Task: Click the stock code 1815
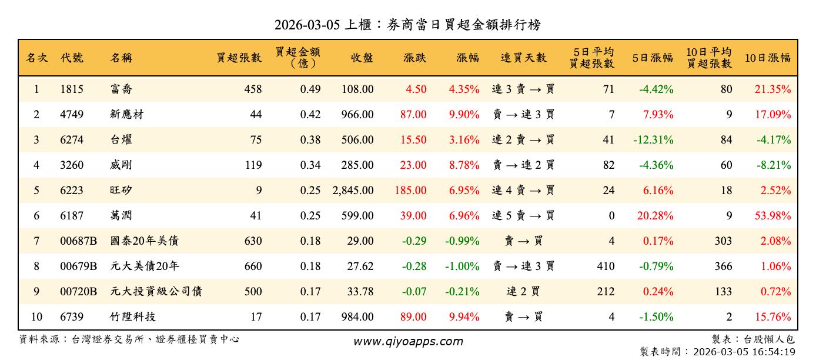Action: click(x=72, y=89)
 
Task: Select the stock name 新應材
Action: click(x=127, y=115)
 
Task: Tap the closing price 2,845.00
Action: click(x=353, y=191)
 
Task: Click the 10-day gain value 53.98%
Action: click(x=773, y=216)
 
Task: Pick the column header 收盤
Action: click(x=362, y=58)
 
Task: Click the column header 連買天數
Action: click(x=523, y=58)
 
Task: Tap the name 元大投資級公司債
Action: click(x=156, y=292)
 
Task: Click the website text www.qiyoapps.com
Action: click(x=408, y=341)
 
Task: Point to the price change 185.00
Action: click(x=413, y=191)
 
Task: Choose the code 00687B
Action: click(x=78, y=241)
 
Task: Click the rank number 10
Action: click(x=36, y=317)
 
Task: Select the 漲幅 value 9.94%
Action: click(x=464, y=317)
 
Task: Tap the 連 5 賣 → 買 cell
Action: click(x=523, y=216)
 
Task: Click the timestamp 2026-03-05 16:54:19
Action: click(x=744, y=352)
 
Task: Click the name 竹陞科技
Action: click(x=133, y=317)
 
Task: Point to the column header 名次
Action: click(x=37, y=58)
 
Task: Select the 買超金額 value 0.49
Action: click(x=310, y=89)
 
